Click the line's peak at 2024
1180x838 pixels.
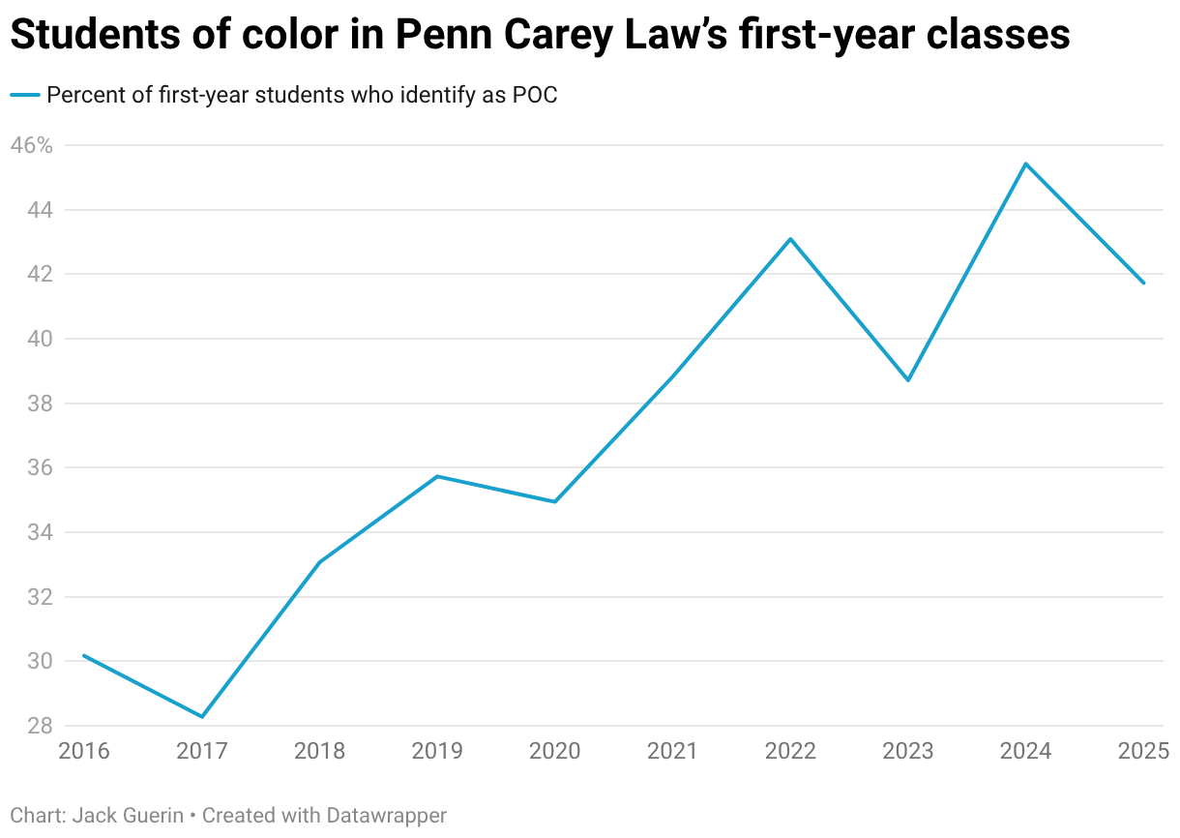[x=1025, y=164]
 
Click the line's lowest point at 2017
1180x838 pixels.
[x=202, y=717]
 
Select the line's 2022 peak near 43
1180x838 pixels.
[x=790, y=238]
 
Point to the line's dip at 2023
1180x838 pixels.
[x=908, y=380]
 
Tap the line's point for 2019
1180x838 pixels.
[x=437, y=476]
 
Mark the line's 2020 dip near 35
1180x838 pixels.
[x=555, y=501]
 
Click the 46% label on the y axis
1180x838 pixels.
[x=31, y=145]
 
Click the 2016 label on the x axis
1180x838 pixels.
[x=84, y=752]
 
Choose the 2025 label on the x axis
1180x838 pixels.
[x=1143, y=752]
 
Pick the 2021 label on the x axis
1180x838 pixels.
[x=672, y=752]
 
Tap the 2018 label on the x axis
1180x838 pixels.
[x=319, y=752]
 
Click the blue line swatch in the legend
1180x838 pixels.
[x=25, y=95]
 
